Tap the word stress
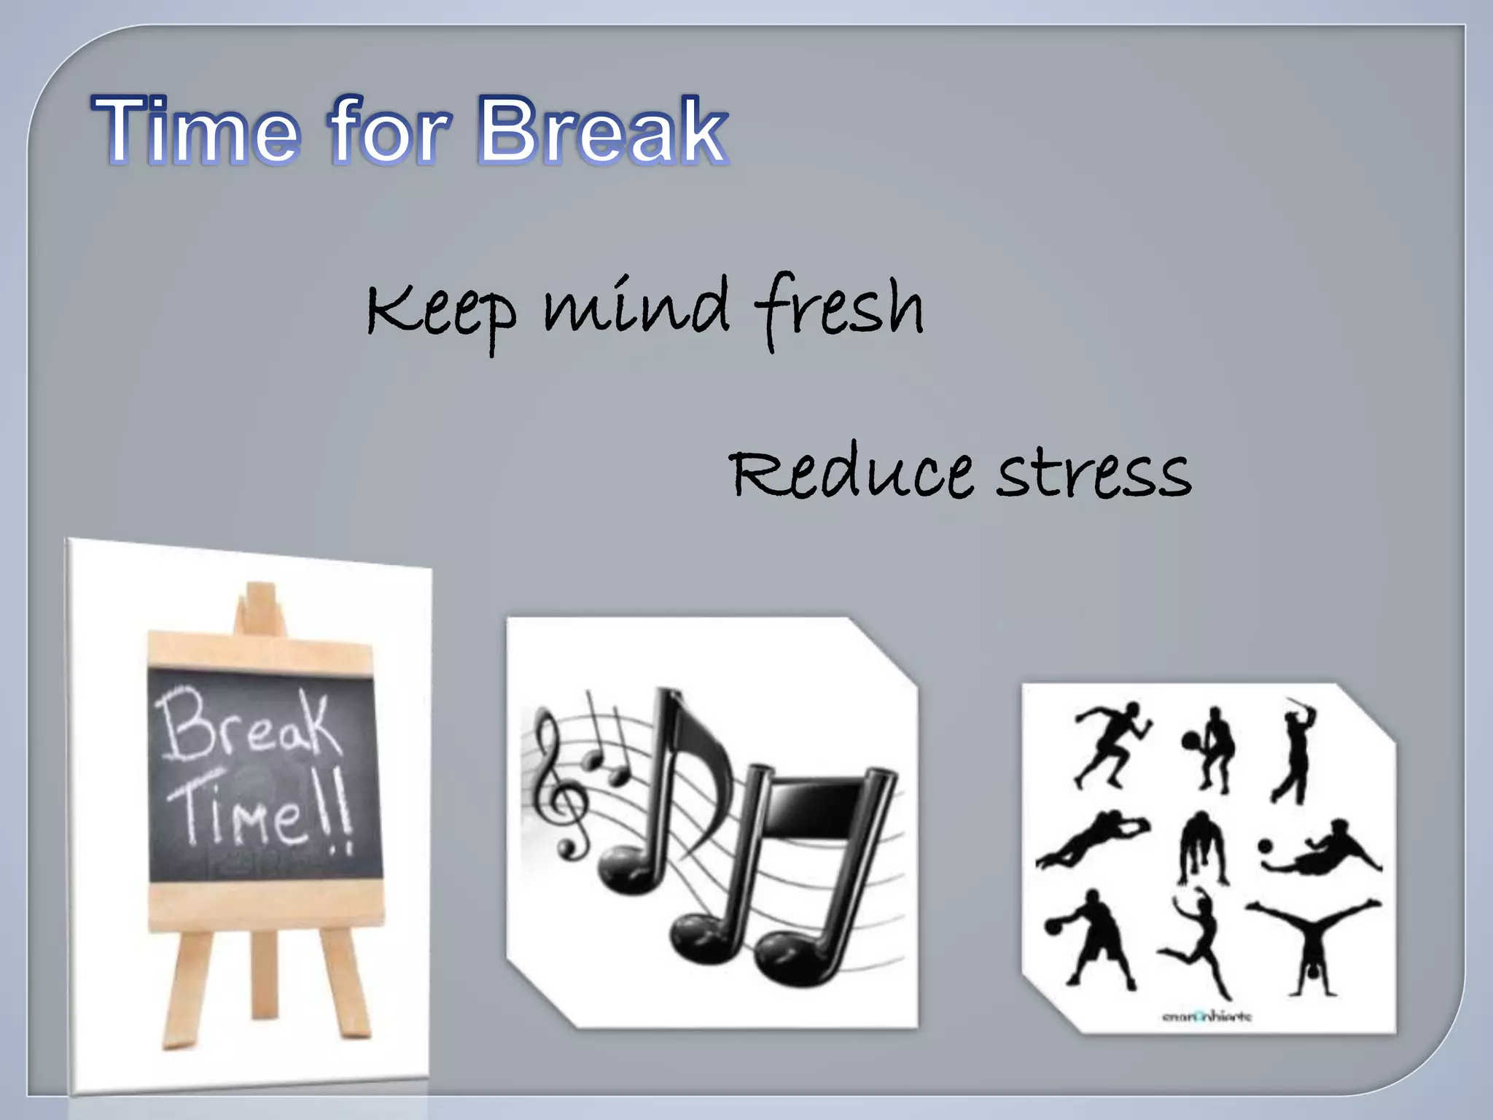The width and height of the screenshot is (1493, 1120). tap(1094, 474)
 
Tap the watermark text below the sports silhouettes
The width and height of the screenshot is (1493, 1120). tap(1207, 1016)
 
